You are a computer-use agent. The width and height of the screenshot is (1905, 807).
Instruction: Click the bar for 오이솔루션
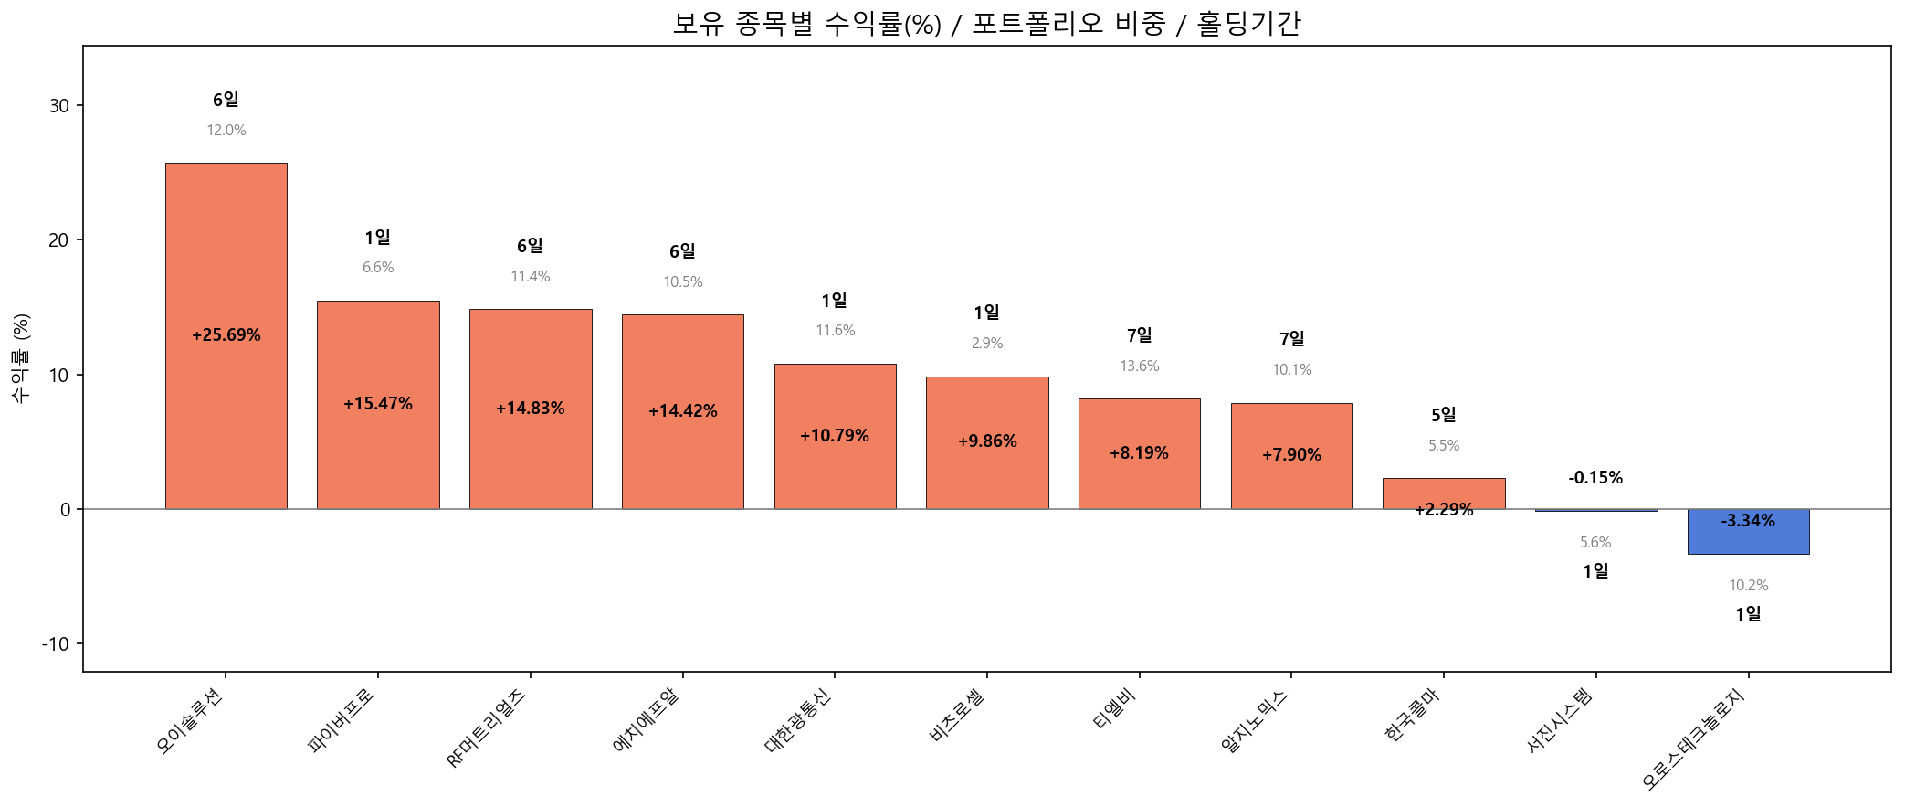click(x=226, y=274)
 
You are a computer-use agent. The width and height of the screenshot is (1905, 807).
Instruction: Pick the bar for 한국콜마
click(x=1444, y=491)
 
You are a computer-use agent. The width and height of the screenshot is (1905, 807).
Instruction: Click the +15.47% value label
click(x=378, y=404)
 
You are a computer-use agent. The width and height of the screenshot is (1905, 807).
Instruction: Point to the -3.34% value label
click(x=1748, y=521)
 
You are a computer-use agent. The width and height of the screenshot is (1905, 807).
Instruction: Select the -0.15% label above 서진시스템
click(x=1595, y=478)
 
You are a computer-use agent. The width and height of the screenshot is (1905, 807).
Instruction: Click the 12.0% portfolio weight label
click(x=226, y=131)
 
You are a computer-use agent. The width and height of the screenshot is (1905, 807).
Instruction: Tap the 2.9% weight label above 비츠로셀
click(x=987, y=344)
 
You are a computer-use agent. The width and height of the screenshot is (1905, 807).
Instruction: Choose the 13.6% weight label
click(x=1140, y=366)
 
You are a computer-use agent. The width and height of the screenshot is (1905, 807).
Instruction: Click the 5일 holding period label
click(x=1444, y=415)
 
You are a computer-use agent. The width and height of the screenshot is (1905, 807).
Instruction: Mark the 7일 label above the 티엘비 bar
click(x=1140, y=335)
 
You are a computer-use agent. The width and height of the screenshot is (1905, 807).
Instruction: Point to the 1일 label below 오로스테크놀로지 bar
click(x=1748, y=614)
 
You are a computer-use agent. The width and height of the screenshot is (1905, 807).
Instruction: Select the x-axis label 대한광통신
click(x=798, y=721)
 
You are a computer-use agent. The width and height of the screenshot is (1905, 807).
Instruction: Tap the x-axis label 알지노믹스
click(x=1254, y=722)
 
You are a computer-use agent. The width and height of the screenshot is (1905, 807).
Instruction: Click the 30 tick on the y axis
click(x=59, y=106)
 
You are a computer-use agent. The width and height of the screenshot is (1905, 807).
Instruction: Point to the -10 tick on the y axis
click(x=56, y=644)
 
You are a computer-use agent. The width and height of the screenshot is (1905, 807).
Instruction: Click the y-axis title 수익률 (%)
click(x=21, y=357)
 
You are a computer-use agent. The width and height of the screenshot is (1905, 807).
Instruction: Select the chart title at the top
click(x=986, y=23)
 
